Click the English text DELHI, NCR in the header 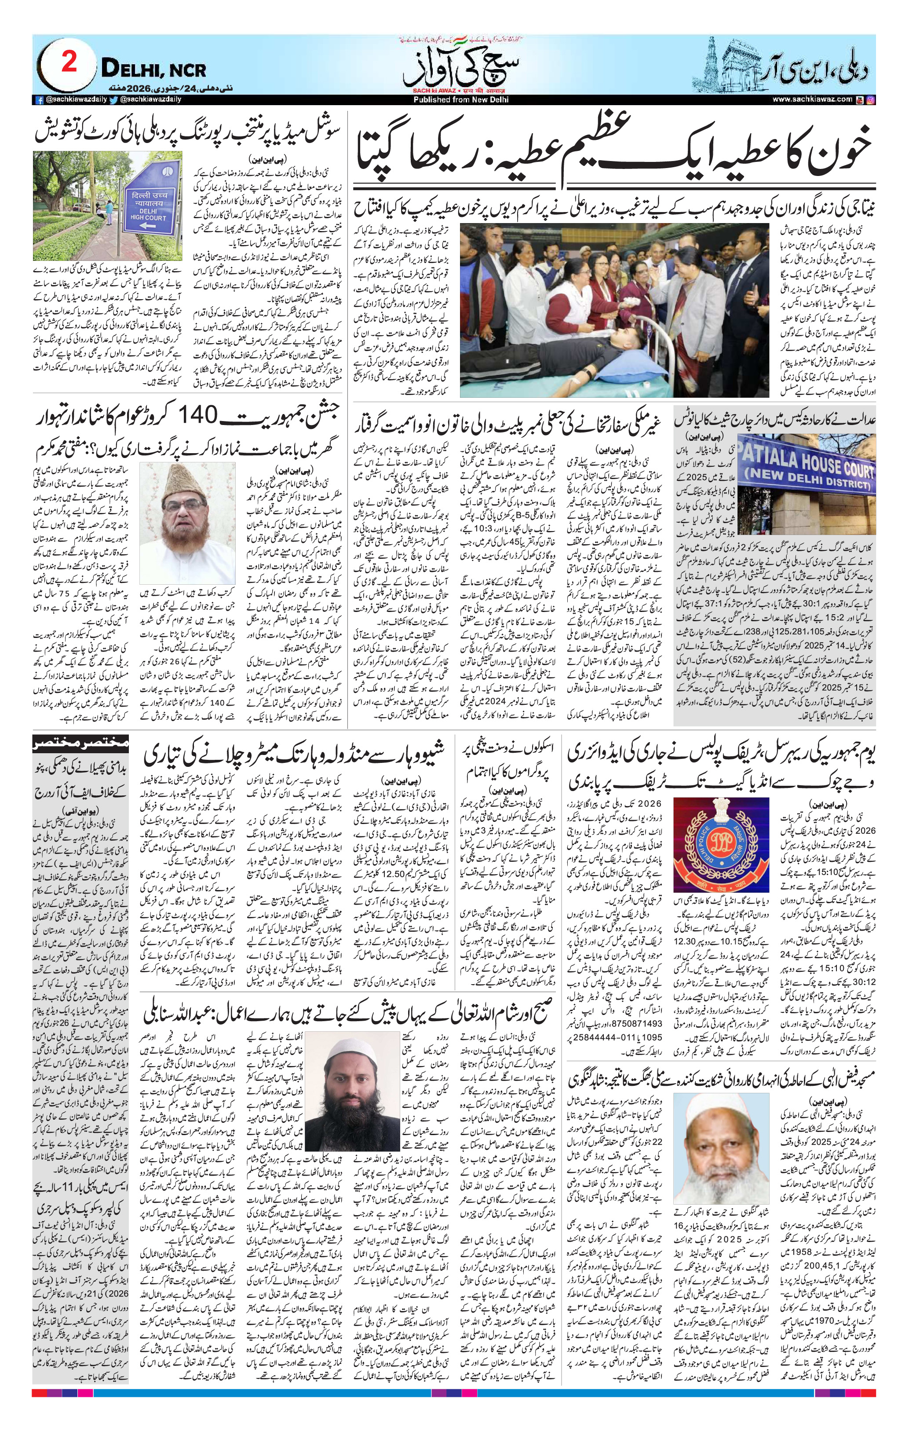[153, 70]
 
